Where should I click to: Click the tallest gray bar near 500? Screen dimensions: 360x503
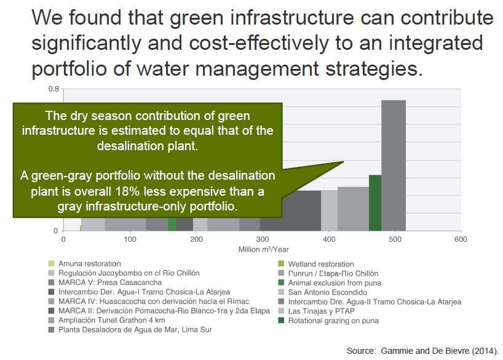(x=394, y=164)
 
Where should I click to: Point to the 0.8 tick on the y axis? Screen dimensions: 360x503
(x=54, y=89)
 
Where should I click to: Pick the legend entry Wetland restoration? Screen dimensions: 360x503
(x=321, y=264)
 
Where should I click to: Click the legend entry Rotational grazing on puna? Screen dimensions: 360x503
(x=333, y=320)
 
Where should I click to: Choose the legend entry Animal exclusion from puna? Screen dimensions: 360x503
(x=335, y=282)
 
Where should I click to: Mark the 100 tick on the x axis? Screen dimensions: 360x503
(x=130, y=239)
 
